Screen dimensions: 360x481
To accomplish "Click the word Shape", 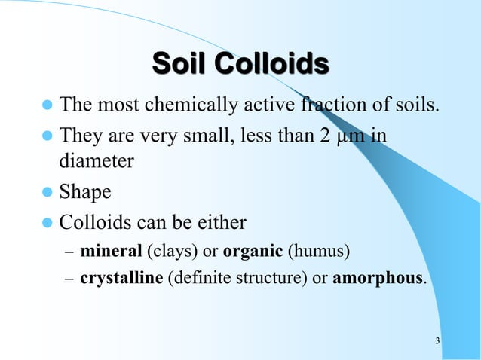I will point(85,193).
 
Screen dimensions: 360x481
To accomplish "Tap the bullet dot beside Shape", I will point(48,193).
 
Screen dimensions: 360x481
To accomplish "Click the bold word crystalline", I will point(121,278).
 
